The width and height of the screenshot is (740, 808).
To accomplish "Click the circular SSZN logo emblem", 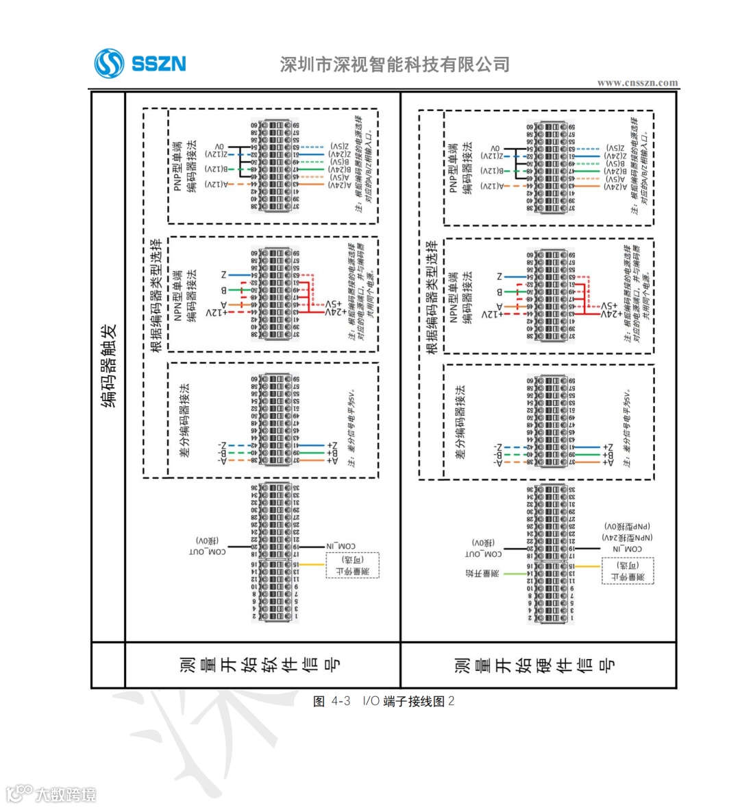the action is point(109,64).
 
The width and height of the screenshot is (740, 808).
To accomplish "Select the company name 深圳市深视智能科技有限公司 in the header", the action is point(395,64).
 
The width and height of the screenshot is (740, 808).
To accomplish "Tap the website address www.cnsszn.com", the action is point(637,83).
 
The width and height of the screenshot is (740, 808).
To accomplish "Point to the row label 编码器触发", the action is point(109,366).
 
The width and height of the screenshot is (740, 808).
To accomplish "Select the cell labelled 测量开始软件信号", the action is point(260,665).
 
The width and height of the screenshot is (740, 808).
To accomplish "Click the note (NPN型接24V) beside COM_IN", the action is point(628,537).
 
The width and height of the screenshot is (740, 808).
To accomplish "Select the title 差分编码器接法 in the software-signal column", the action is point(185,420).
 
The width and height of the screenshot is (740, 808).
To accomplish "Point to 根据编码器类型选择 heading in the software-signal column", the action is point(156,295).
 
